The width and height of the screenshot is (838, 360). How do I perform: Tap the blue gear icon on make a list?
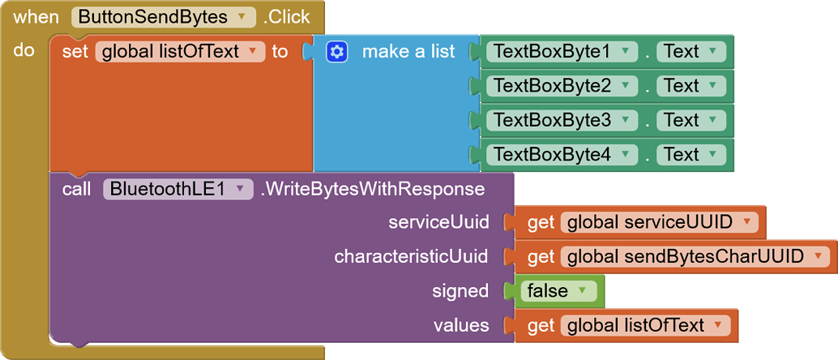(337, 52)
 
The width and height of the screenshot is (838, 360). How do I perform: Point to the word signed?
(461, 291)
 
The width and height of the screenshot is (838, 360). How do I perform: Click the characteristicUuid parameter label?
(411, 257)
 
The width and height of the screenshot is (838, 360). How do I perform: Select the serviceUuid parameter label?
(438, 222)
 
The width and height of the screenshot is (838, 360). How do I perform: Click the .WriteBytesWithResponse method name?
(373, 190)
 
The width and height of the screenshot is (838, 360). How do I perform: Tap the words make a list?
(408, 52)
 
